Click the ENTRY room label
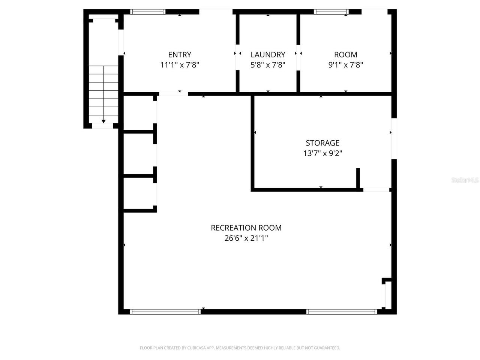[180, 55]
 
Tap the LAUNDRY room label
[268, 55]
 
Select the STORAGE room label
[322, 143]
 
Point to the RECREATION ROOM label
[246, 228]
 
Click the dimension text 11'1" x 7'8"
[180, 65]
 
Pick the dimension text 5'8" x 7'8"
[268, 65]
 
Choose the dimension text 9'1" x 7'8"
[346, 65]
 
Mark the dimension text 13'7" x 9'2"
[322, 153]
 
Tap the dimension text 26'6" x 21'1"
[246, 238]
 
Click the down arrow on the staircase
[103, 121]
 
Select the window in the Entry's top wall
[148, 12]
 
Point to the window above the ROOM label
[331, 12]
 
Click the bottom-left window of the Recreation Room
[165, 312]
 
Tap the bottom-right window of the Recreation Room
[342, 312]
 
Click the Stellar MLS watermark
[465, 180]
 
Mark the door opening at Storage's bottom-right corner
[376, 190]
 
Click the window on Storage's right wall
[394, 138]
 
